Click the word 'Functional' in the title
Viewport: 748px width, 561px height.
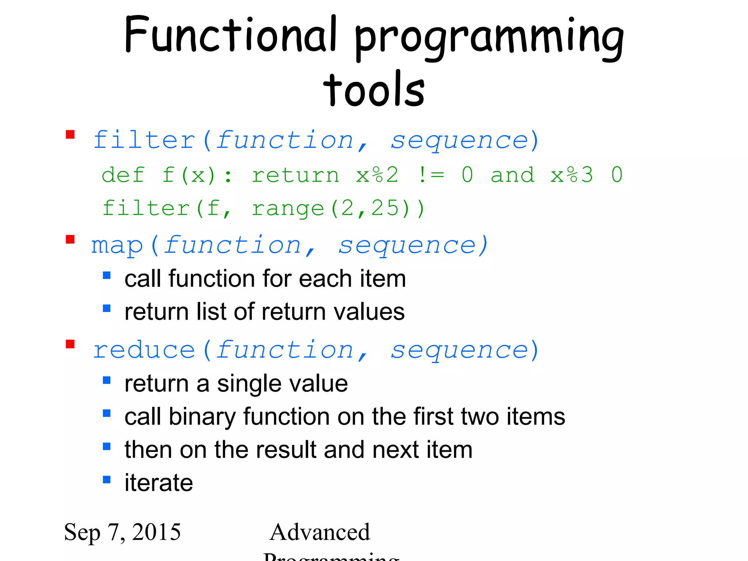tap(230, 35)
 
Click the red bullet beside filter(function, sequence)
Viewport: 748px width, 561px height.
tap(70, 135)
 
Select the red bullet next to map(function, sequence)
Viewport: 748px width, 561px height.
tap(70, 240)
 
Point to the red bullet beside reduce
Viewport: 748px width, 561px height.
tap(70, 344)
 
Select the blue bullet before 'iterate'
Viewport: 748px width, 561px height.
tap(107, 480)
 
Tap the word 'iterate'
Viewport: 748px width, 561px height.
tap(159, 482)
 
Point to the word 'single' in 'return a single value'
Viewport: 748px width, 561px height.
tap(249, 384)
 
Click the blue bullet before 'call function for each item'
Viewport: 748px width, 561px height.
tap(107, 275)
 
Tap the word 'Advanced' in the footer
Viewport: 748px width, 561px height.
tap(320, 532)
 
